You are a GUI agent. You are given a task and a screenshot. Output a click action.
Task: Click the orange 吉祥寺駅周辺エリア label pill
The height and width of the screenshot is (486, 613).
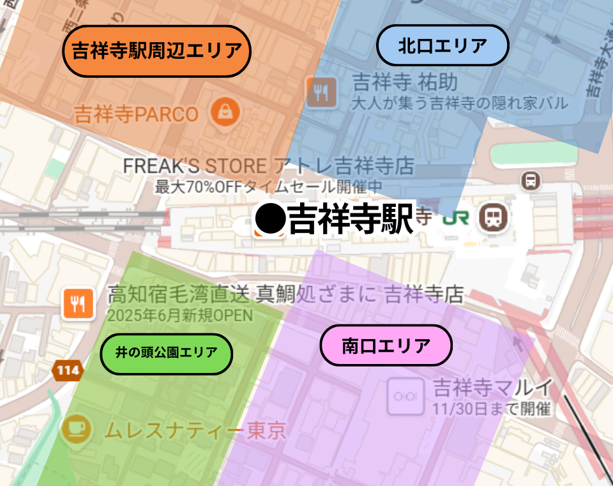(x=156, y=51)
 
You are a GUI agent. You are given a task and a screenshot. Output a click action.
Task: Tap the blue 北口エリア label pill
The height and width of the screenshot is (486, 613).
(x=443, y=45)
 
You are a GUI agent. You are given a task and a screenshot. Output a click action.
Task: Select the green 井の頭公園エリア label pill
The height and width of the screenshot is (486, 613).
(x=166, y=352)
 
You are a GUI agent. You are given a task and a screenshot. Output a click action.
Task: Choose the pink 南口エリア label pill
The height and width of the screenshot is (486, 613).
(x=386, y=346)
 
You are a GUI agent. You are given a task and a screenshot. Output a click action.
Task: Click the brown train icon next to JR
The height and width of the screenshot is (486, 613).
(x=494, y=217)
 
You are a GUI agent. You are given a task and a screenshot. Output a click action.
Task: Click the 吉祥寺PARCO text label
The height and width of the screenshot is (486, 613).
(x=136, y=115)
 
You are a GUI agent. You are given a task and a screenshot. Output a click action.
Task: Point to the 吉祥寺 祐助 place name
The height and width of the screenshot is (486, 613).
(x=405, y=82)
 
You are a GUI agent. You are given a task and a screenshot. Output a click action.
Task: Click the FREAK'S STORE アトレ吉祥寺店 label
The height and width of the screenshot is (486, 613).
(x=268, y=167)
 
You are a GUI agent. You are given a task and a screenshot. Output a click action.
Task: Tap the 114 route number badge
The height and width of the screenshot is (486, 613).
(x=66, y=370)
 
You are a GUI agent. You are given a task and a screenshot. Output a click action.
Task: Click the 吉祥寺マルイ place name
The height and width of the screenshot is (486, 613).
(x=492, y=387)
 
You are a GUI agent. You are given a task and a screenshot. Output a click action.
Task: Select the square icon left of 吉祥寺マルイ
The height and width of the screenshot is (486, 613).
(x=405, y=396)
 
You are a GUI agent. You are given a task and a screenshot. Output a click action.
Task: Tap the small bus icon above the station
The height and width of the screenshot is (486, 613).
(x=531, y=181)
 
